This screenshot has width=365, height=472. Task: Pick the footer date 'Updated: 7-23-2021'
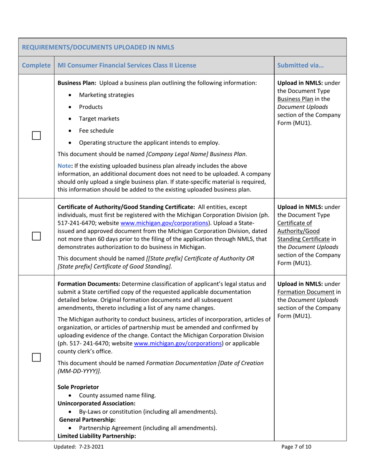[x=79, y=447]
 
